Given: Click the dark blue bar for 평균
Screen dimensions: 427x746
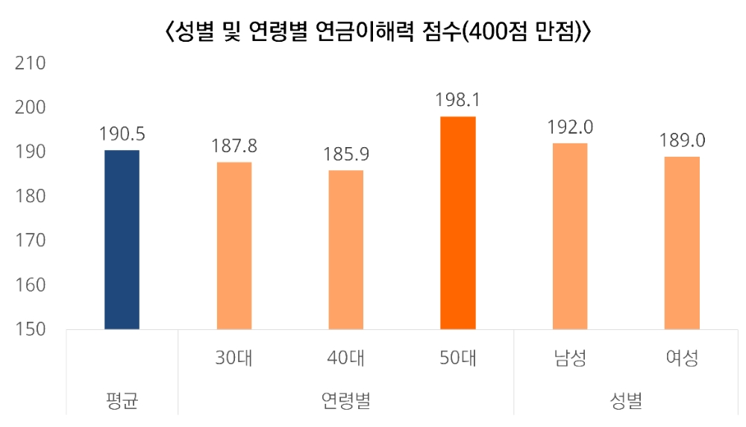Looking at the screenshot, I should [x=122, y=239].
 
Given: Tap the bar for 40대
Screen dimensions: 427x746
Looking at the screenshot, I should [x=346, y=249].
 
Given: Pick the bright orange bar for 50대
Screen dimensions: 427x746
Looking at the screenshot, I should [x=458, y=222].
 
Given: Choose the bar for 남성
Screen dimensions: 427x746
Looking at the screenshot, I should [x=570, y=236].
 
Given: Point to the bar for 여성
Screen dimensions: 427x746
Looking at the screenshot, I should [x=682, y=243].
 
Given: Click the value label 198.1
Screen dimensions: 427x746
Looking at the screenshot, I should [x=458, y=99].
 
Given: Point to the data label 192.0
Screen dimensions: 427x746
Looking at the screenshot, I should [x=570, y=126].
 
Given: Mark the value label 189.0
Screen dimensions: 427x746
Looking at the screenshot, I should [x=682, y=140].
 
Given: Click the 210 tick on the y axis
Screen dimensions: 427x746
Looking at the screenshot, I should [x=31, y=63].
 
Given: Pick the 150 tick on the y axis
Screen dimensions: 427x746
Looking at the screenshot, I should [x=31, y=329].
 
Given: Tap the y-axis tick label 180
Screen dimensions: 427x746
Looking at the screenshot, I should [x=31, y=196].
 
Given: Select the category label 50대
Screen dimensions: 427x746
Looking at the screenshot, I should [x=458, y=358].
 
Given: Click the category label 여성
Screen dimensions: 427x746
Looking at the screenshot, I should [x=682, y=358].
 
